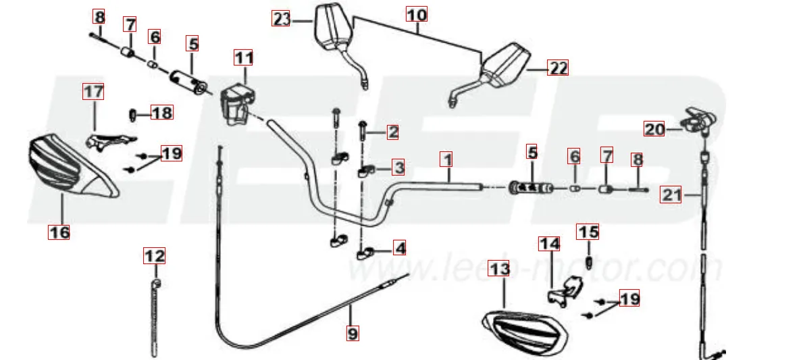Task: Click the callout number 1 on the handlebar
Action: click(446, 160)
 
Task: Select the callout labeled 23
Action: click(282, 19)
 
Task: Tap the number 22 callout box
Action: click(558, 68)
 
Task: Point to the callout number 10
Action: click(417, 14)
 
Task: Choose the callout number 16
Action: click(59, 232)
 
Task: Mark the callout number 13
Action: click(499, 269)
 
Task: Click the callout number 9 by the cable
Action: click(353, 332)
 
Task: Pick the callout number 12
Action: click(155, 256)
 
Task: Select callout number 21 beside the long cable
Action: click(672, 195)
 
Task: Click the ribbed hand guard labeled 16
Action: click(68, 165)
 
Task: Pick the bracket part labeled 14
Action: click(565, 291)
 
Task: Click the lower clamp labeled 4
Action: click(365, 253)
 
